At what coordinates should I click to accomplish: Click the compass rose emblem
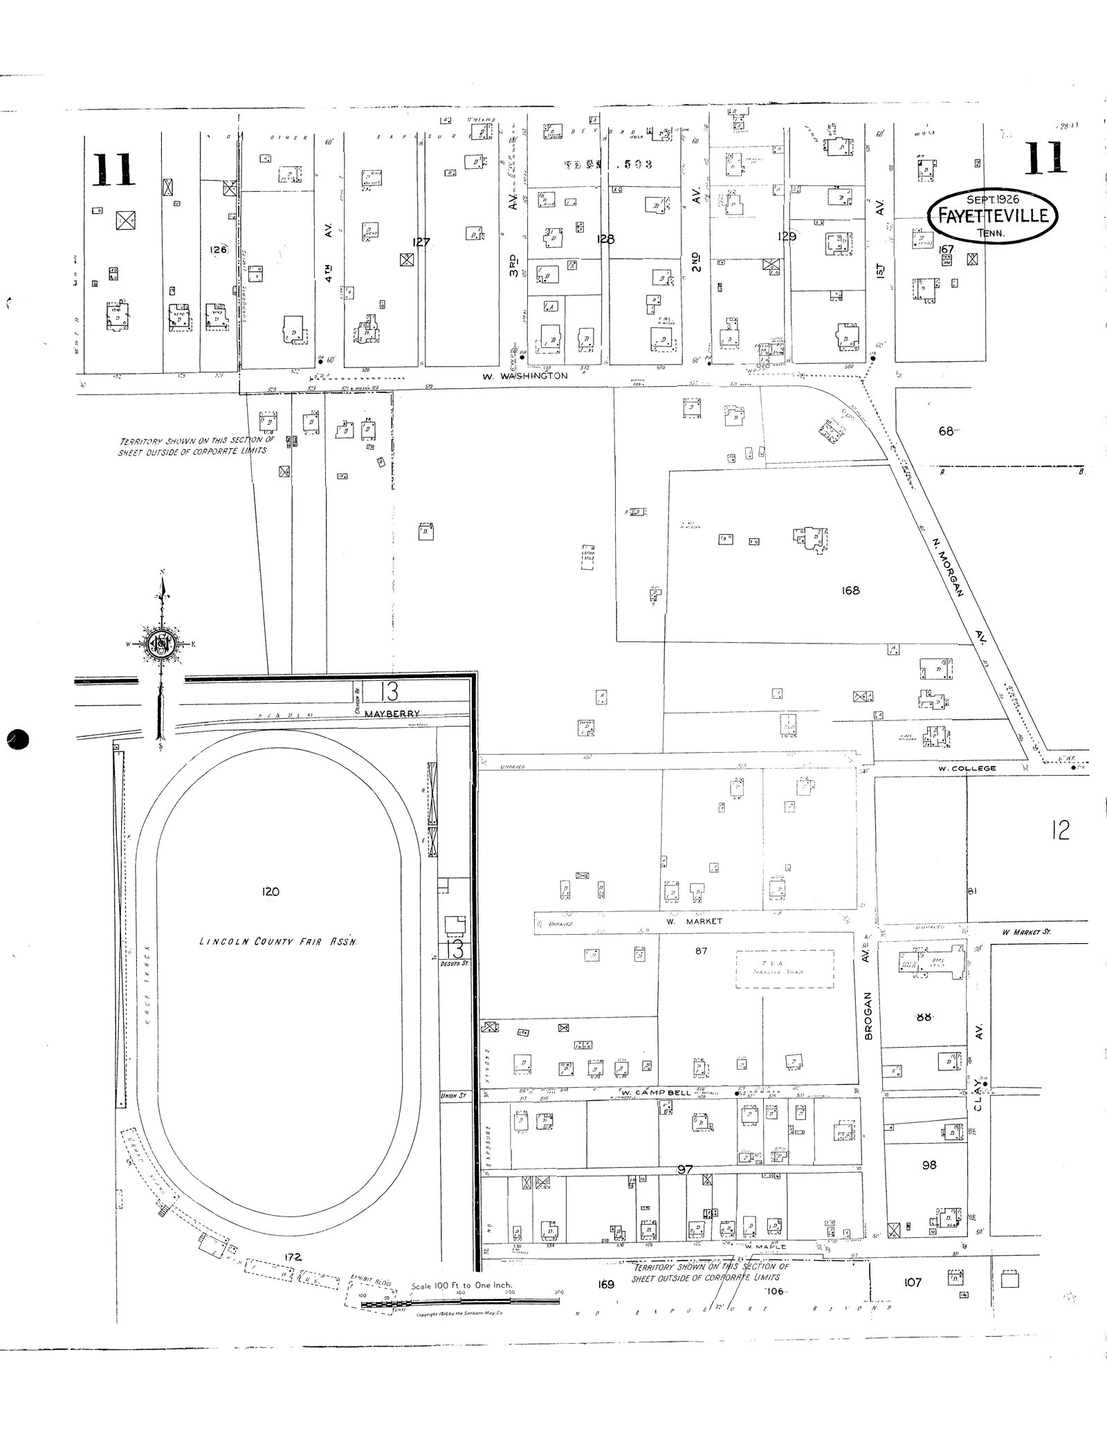(162, 646)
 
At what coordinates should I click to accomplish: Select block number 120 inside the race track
(271, 891)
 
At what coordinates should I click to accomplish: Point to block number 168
(850, 590)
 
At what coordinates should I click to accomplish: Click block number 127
(421, 242)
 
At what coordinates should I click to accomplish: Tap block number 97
(685, 1169)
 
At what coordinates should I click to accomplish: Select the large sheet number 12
(1059, 830)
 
